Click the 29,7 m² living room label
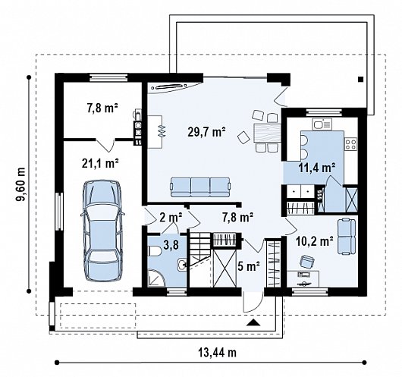point(206,132)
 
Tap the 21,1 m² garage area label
point(100,163)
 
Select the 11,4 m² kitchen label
point(317,168)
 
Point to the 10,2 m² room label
point(315,241)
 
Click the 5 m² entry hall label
point(249,266)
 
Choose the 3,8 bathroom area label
point(171,244)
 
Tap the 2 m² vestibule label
point(171,217)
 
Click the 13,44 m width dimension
point(217,353)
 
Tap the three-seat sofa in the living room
point(200,187)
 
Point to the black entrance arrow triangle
point(253,322)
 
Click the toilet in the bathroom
point(155,251)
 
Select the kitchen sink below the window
point(322,124)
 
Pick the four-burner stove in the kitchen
point(350,143)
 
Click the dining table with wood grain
point(266,133)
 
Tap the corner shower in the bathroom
point(157,278)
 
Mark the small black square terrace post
point(361,79)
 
